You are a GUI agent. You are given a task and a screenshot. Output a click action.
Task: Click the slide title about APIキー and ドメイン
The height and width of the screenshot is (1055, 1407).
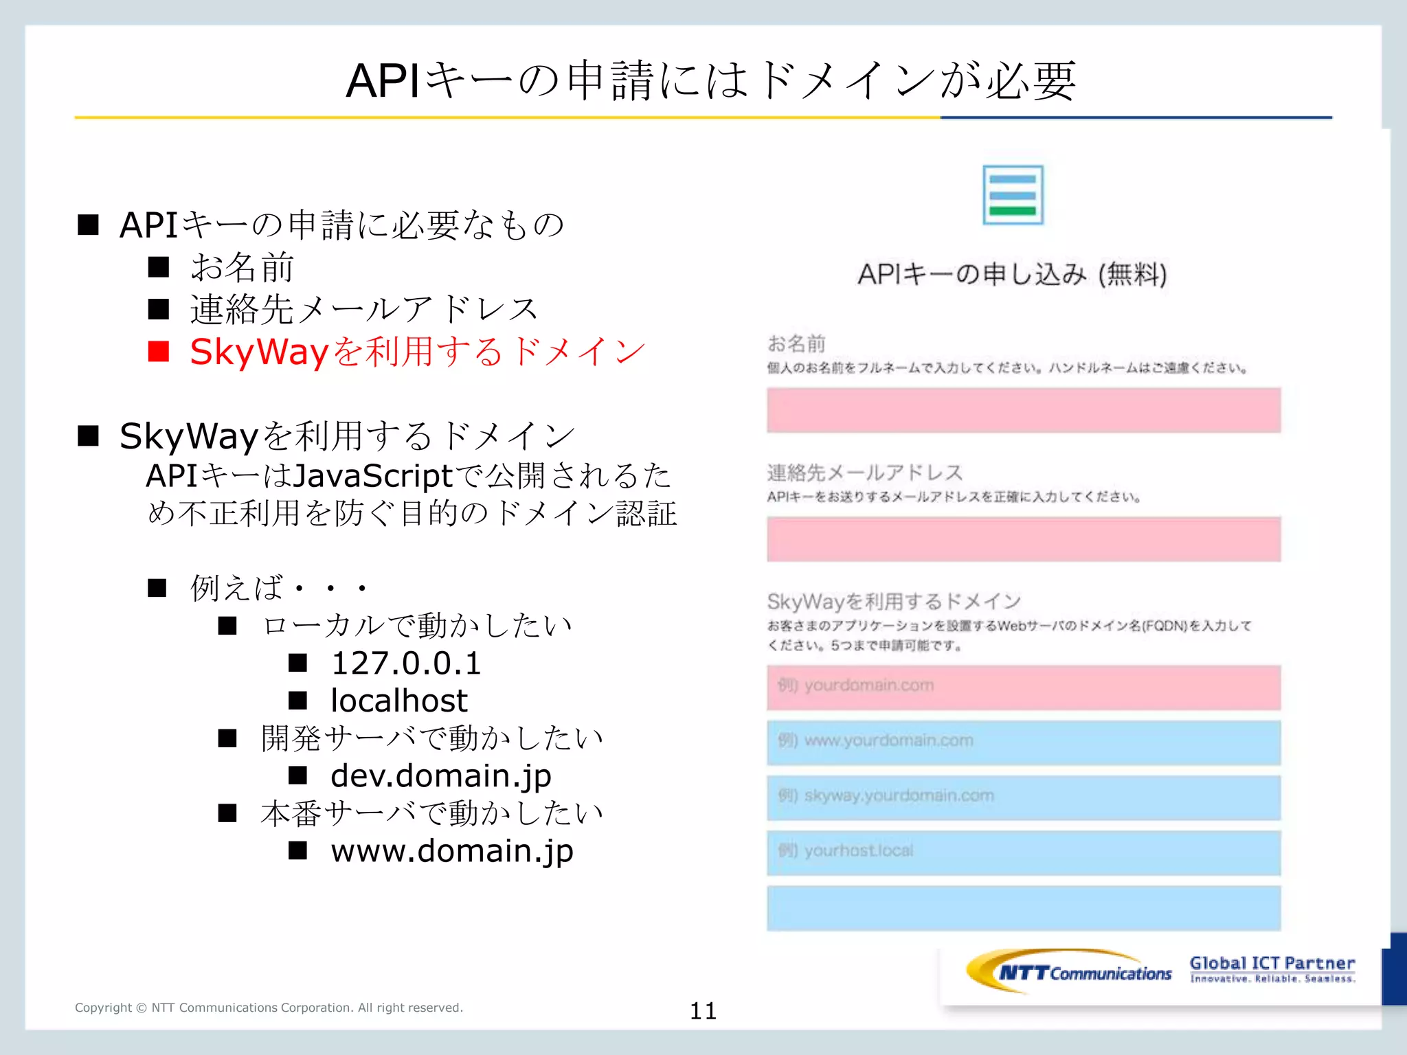pos(710,81)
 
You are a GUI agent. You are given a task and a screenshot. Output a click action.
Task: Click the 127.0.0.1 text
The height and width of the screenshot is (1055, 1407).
pos(406,663)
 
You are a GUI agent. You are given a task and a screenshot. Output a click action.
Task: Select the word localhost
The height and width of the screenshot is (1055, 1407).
pos(399,701)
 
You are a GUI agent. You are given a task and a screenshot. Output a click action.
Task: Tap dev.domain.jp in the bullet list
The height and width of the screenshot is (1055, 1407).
pos(440,776)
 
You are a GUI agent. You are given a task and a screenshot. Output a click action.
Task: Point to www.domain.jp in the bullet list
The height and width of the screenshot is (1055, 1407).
pos(451,852)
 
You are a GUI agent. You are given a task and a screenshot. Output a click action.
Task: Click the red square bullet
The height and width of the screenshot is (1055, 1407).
pos(159,352)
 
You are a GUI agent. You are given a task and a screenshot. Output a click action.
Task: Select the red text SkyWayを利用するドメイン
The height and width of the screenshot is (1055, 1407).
pos(418,352)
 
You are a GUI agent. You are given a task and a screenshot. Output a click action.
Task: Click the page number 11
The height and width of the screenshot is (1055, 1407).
pos(703,1010)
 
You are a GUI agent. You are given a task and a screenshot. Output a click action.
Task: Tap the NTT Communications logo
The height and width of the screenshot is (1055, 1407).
pos(1069,972)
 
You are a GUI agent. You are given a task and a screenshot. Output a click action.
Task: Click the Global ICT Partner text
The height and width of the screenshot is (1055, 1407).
pos(1272,964)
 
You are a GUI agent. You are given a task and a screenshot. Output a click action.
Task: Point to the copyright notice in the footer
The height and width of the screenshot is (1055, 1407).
pos(269,1008)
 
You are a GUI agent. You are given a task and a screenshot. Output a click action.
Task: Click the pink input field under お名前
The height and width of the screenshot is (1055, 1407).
pos(1024,410)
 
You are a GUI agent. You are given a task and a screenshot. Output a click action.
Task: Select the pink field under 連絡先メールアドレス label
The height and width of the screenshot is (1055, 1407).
pos(1024,539)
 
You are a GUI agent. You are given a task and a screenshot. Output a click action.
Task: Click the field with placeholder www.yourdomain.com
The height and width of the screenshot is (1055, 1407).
pos(1024,742)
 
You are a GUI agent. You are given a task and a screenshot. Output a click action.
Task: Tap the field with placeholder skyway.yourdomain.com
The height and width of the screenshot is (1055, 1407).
pos(1024,797)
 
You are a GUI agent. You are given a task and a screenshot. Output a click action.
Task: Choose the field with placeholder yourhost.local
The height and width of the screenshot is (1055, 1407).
pos(1024,852)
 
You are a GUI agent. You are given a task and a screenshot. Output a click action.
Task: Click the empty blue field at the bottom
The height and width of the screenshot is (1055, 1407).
pos(1024,908)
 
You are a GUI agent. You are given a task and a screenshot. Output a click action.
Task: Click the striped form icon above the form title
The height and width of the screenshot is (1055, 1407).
pos(1013,195)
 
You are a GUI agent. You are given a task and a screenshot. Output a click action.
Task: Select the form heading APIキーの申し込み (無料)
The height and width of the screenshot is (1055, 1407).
pos(1012,274)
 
